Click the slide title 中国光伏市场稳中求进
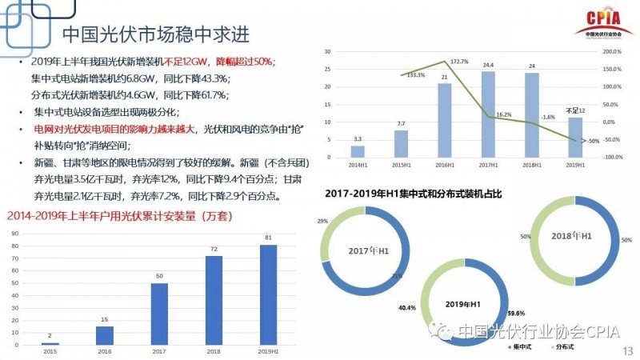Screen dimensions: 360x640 pos(155,36)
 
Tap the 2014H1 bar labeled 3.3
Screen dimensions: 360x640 pos(358,151)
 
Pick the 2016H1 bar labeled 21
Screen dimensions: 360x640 pos(444,120)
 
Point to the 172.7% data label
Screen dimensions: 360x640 pos(459,62)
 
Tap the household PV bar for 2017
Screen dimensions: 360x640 pos(159,314)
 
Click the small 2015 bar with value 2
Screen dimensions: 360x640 pos(50,343)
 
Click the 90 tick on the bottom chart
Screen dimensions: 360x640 pos(15,233)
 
